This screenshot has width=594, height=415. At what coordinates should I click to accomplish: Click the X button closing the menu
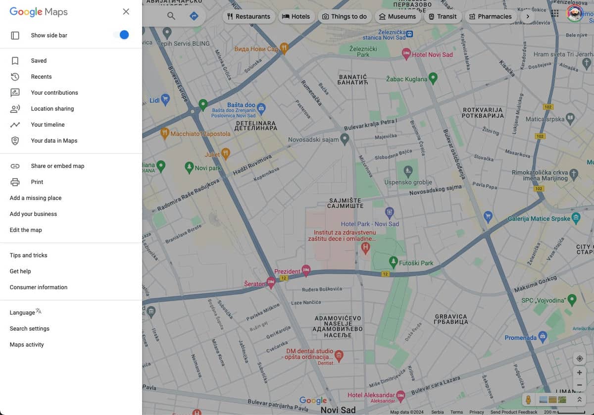tap(126, 11)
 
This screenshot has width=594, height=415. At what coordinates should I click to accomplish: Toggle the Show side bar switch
tap(121, 35)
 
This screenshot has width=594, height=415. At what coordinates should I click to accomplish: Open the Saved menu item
tap(39, 61)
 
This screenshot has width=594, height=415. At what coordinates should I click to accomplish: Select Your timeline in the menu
tap(48, 125)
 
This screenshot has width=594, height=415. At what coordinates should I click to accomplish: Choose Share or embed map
tap(57, 166)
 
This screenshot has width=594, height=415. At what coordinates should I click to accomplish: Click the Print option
tap(37, 182)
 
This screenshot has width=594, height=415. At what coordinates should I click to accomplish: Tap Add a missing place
tap(36, 198)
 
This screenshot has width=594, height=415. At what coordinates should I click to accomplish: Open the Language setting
tap(23, 312)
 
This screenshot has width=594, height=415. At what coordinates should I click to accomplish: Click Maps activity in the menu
tap(27, 345)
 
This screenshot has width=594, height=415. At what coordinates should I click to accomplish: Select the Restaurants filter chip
tap(248, 16)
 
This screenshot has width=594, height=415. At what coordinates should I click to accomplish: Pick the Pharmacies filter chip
tap(490, 16)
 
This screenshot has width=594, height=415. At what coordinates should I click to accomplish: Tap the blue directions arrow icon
tap(194, 16)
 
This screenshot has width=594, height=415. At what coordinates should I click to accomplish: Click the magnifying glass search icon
tap(171, 16)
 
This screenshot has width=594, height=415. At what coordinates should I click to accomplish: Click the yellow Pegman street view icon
tap(528, 399)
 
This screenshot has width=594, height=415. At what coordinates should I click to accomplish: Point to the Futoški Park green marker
tap(394, 260)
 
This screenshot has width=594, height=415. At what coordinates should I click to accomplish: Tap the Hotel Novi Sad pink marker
tap(406, 53)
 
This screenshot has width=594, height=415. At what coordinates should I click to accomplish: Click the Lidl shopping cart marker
tap(166, 100)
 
